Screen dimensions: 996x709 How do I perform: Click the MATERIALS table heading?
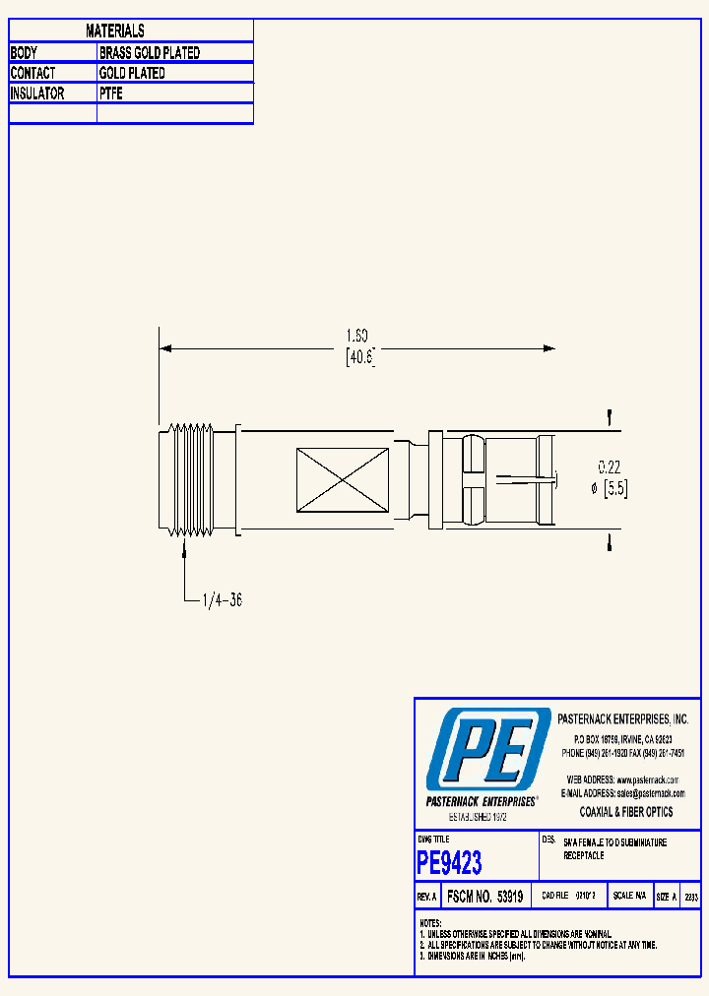coord(115,31)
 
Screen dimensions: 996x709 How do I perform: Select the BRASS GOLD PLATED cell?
coord(150,53)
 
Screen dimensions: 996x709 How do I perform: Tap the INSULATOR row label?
coord(37,94)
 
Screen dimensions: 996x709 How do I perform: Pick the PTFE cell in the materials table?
coord(111,94)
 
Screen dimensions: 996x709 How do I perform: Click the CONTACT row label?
coord(32,74)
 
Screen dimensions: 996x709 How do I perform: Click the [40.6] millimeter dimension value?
coord(360,359)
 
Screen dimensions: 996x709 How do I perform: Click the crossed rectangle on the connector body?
coord(342,480)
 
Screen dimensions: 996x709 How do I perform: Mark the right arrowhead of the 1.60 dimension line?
coord(549,348)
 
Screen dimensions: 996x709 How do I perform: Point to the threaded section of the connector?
coord(190,481)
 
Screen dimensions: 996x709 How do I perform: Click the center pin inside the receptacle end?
coord(527,480)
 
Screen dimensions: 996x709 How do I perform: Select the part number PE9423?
coord(449,863)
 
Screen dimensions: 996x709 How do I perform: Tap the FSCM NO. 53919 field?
coord(483,898)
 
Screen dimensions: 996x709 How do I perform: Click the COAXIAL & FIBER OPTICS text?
coord(626,812)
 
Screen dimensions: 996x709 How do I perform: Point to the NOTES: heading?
coord(430,923)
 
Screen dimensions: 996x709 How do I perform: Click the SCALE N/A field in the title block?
coord(629,898)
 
